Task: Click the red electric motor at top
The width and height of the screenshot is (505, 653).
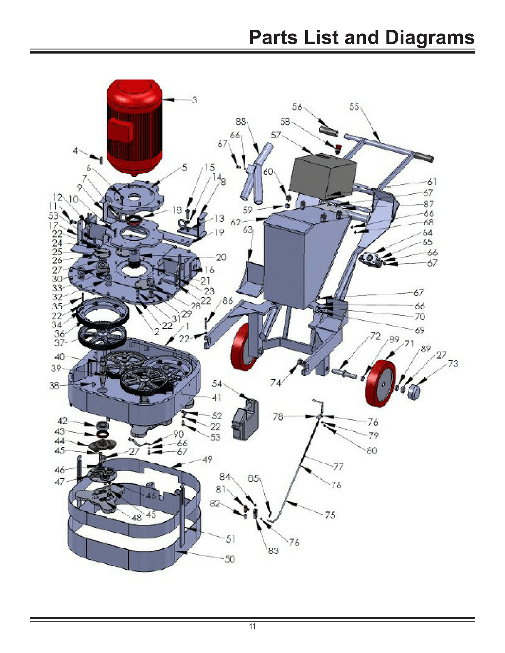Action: point(134,126)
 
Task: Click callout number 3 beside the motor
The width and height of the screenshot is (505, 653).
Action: point(195,100)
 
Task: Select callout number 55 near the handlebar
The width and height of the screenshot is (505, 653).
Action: point(354,107)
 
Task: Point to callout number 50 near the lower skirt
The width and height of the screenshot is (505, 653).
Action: point(230,559)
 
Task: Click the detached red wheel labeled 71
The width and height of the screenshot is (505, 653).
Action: point(380,383)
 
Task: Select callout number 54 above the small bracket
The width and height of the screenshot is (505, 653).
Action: point(217,384)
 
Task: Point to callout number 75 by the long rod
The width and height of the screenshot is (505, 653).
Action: point(330,515)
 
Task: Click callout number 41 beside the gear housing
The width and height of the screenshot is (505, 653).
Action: point(216,398)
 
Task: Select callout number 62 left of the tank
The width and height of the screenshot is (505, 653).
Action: point(236,222)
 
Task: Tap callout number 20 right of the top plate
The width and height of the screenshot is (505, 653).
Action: point(221,257)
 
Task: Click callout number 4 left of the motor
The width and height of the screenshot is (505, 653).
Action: point(75,151)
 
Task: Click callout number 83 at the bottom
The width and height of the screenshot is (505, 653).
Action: point(273,551)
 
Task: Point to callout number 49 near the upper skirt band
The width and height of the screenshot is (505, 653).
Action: point(207,459)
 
